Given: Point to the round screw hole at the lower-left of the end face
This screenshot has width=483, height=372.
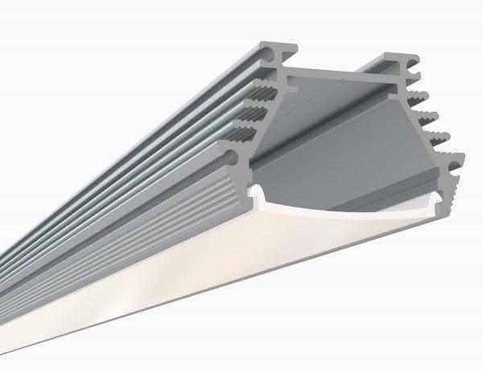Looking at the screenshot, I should point(233,157).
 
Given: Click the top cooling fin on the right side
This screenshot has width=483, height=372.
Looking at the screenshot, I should point(417,99).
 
